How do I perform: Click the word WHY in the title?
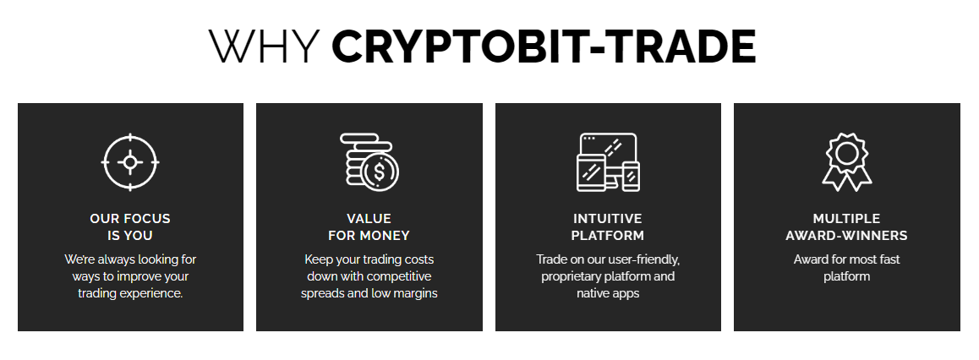(265, 47)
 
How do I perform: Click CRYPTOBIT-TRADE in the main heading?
(544, 47)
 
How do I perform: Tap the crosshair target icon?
(130, 161)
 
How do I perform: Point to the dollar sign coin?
(380, 172)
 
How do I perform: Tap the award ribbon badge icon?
(846, 161)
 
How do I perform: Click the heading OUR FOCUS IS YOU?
(130, 226)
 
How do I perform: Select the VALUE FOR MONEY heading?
(369, 226)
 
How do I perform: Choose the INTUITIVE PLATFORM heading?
(608, 226)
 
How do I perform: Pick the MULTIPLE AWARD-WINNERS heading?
(846, 226)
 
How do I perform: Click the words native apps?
(608, 293)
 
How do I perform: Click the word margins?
(416, 293)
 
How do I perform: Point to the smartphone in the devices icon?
(632, 175)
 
